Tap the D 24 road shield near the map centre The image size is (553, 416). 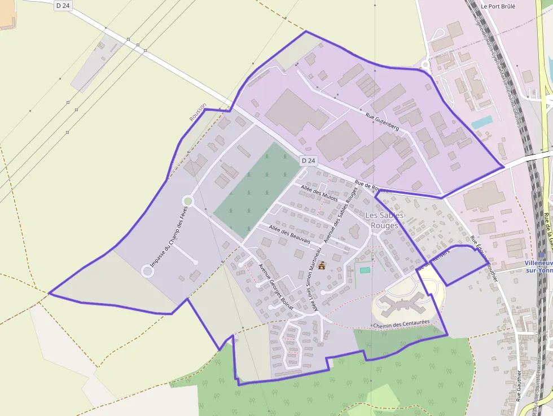click(308, 160)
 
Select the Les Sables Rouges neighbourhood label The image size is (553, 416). click(384, 220)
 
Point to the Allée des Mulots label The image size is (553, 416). click(319, 193)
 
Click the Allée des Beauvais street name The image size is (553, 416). click(290, 234)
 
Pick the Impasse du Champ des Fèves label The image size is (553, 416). click(168, 235)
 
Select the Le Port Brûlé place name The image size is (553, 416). click(498, 7)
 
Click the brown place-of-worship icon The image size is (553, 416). click(322, 265)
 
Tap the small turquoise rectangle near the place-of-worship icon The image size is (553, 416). click(365, 270)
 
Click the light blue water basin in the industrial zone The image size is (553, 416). click(481, 122)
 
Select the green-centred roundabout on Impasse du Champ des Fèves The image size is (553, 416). click(188, 201)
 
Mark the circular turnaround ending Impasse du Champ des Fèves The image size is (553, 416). click(148, 272)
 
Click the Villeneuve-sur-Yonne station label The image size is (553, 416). click(538, 266)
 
